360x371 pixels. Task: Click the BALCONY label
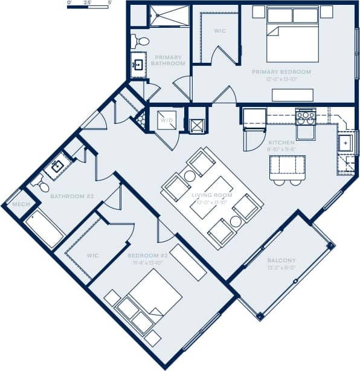[281, 260]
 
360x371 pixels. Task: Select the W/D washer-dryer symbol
[164, 120]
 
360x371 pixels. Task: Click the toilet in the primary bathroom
[141, 41]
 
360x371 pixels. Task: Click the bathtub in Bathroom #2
[44, 230]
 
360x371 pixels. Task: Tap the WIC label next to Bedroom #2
[92, 256]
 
